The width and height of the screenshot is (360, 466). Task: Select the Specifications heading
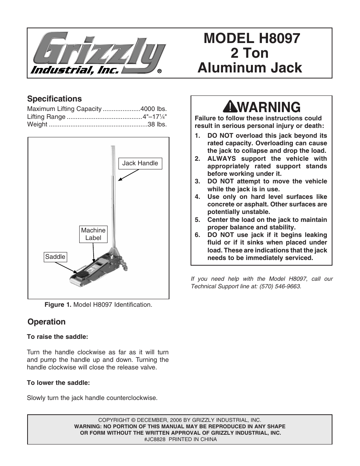[x=54, y=99]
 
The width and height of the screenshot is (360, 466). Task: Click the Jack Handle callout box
[x=140, y=163]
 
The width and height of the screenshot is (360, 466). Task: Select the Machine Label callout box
[x=93, y=234]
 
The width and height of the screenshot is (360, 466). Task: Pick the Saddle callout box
[x=55, y=257]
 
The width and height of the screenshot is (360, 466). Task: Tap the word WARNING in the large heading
[x=269, y=108]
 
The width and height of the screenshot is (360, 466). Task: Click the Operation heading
[x=46, y=322]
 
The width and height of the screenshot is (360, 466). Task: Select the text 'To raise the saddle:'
[x=57, y=337]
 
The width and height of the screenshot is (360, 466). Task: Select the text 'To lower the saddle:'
[x=58, y=383]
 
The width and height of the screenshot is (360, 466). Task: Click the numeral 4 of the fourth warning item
[x=197, y=197]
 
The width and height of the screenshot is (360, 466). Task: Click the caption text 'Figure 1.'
[x=58, y=305]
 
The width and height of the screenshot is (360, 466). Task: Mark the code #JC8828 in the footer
[x=154, y=439]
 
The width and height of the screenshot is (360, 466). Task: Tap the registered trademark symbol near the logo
[x=160, y=71]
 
